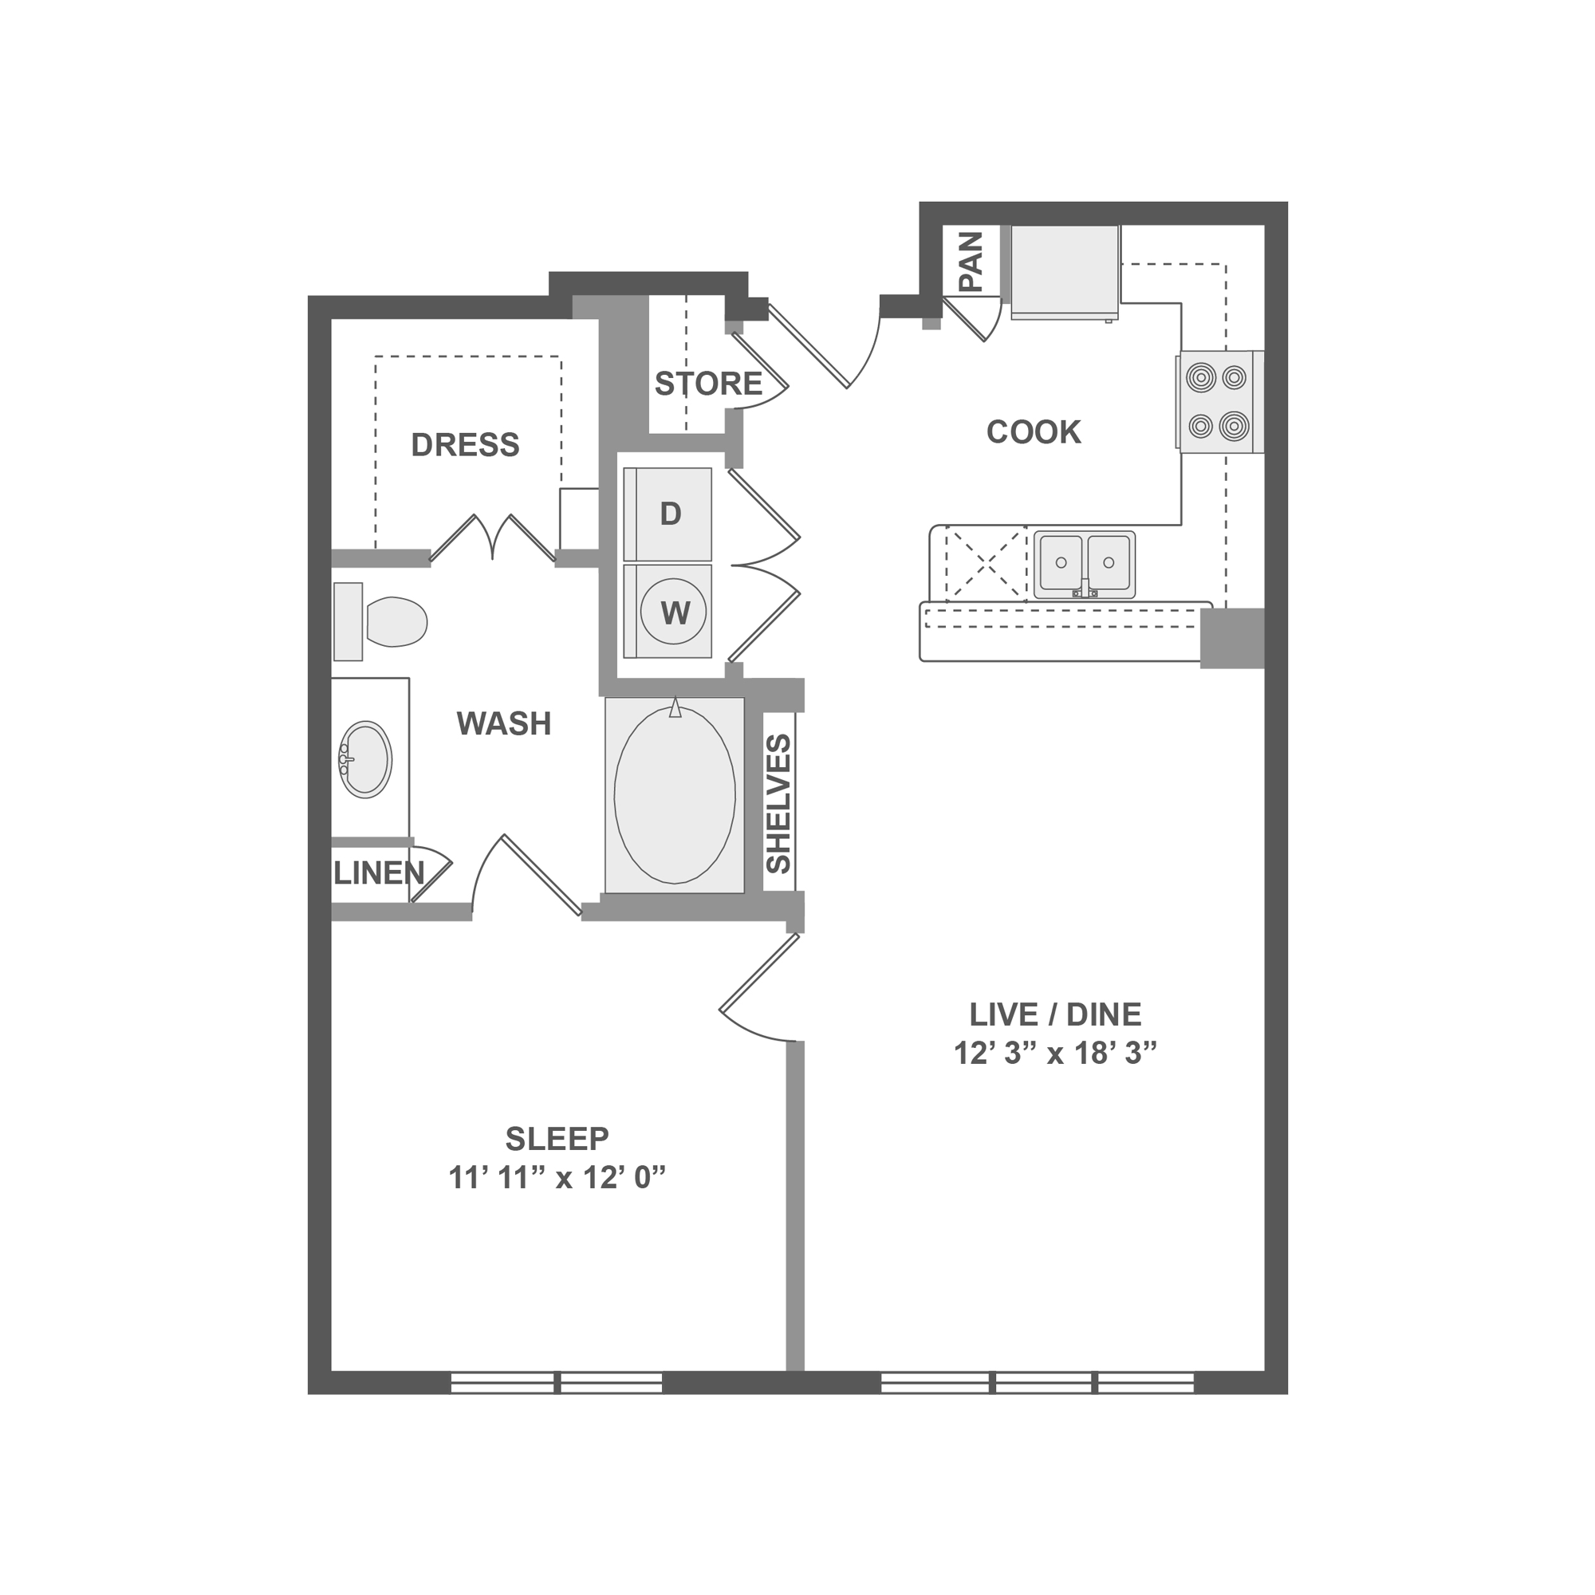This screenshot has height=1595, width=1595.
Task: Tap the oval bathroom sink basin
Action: point(366,759)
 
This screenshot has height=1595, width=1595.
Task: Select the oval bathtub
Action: point(675,795)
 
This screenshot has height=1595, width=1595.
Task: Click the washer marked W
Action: point(668,612)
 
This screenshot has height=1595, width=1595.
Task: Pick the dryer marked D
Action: point(668,514)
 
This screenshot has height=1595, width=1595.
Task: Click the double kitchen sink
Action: point(1085,565)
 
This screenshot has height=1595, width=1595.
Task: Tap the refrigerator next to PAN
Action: point(1065,272)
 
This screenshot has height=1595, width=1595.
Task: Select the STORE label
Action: point(708,384)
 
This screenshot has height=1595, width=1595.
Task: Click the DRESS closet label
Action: point(466,445)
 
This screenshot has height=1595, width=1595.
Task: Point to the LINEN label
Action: point(379,872)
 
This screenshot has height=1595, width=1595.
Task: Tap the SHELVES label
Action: point(778,804)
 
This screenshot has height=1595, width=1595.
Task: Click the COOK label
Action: point(1034,431)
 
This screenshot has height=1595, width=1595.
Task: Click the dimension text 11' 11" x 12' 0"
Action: point(557,1177)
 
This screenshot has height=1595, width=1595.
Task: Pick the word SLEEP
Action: point(557,1139)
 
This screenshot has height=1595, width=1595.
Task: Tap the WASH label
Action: point(503,723)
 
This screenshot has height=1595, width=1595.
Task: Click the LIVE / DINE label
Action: point(1056,1014)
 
